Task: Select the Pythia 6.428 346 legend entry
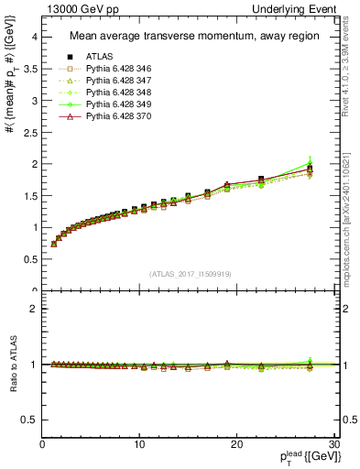[114, 69]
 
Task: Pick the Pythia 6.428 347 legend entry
[114, 81]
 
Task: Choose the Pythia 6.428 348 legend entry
[114, 93]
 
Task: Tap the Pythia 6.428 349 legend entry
[114, 104]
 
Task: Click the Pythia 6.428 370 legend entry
[114, 116]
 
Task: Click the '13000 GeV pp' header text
[81, 8]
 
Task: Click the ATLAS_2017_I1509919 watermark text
[190, 273]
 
